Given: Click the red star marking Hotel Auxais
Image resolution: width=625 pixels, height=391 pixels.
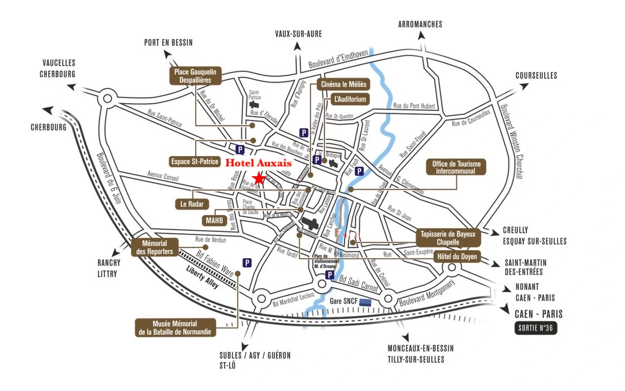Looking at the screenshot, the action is point(259,178).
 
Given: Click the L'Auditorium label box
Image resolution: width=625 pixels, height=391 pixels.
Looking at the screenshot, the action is point(350,99).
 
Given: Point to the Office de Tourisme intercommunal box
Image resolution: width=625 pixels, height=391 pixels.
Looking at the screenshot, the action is point(456,167).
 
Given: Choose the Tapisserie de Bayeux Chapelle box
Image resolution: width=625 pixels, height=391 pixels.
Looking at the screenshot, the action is point(448,238).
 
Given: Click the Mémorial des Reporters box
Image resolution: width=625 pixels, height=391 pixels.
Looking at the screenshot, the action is point(156,247).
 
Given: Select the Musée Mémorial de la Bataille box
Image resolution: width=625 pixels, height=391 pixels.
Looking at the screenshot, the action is point(167,327).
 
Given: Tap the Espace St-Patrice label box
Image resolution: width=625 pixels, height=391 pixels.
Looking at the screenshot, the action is point(193,161).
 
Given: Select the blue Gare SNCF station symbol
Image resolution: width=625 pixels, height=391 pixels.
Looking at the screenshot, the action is point(366,302).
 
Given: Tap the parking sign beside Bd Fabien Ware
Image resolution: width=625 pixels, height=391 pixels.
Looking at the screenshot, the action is point(247,262).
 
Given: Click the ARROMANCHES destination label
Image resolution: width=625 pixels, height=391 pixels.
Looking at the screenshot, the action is point(420,24).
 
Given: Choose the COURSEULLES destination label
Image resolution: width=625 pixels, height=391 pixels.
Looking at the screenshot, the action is point(536,75).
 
